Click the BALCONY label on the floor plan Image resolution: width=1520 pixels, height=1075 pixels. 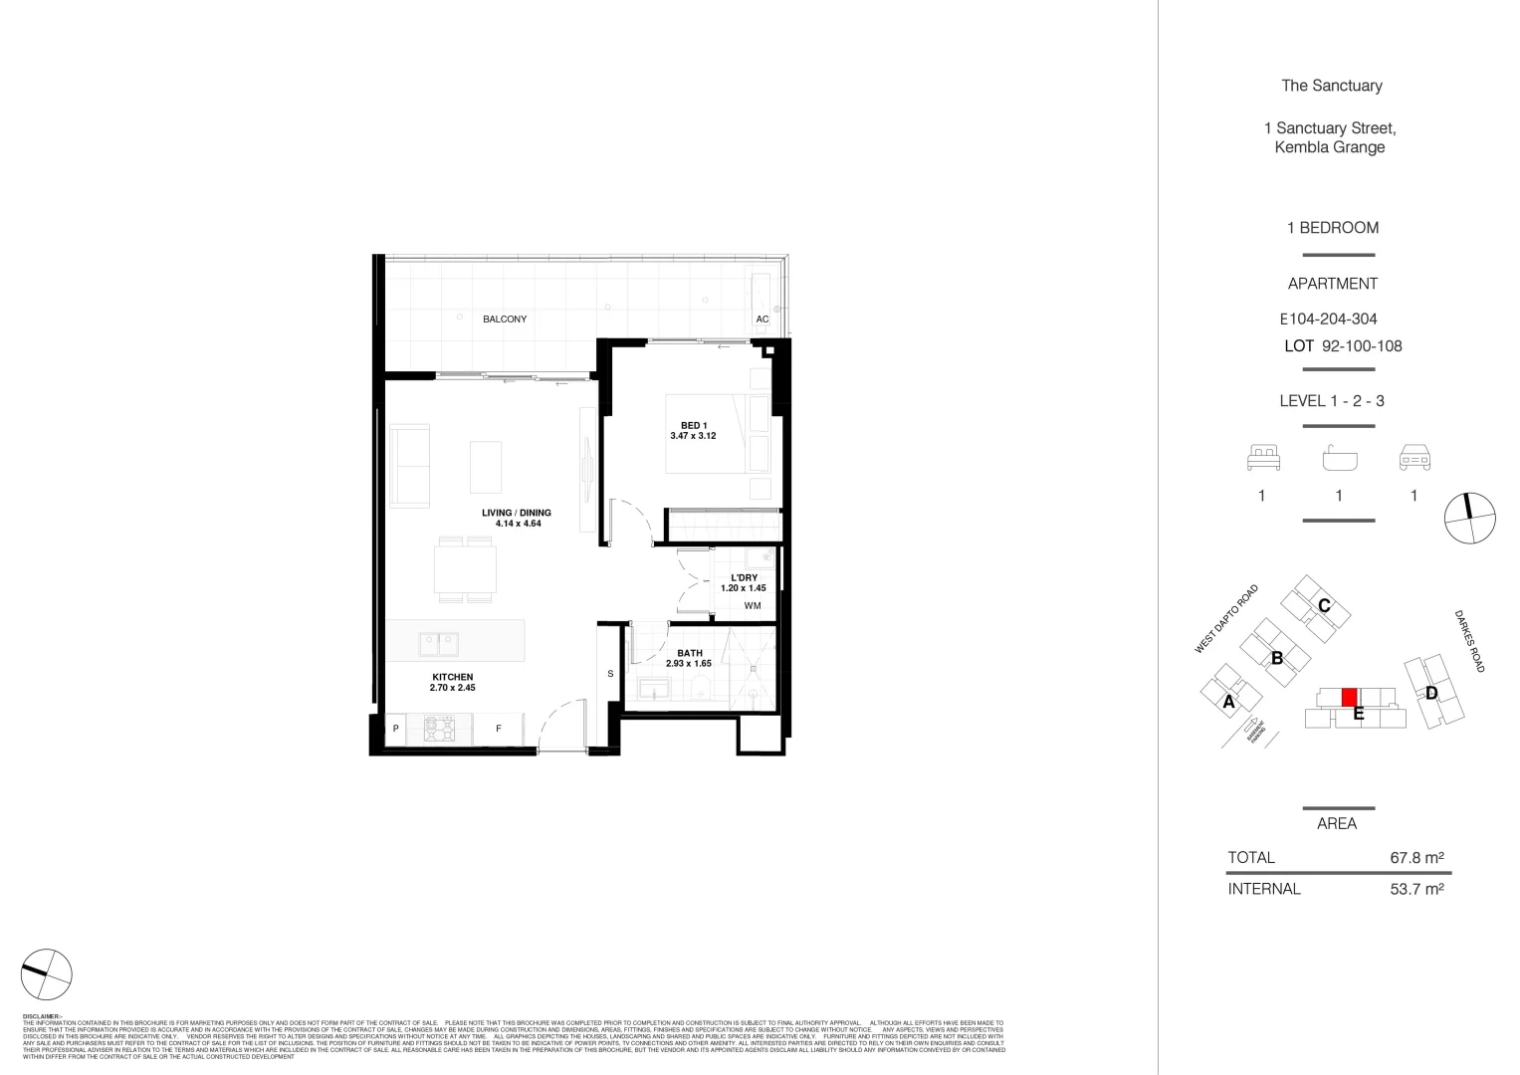(505, 320)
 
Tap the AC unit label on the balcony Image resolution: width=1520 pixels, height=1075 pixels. (762, 320)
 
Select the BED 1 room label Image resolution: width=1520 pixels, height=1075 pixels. (694, 426)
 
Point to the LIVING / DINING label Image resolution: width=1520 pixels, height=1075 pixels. (516, 514)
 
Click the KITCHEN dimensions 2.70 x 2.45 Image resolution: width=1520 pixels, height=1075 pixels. (452, 688)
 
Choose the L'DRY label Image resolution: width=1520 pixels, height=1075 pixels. (744, 578)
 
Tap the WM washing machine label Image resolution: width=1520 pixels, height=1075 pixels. (752, 605)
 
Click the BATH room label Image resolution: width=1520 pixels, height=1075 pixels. (689, 653)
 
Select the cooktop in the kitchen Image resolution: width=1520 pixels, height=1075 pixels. (438, 729)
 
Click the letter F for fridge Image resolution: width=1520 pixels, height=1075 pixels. (499, 729)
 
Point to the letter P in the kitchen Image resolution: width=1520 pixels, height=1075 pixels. (395, 729)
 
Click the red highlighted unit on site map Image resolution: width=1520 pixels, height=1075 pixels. (1350, 697)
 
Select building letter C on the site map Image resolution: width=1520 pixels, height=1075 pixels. (1324, 605)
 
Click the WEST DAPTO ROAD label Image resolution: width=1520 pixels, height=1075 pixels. (1226, 619)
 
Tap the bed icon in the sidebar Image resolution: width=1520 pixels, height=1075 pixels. (1262, 459)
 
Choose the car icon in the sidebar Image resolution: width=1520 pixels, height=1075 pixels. (1414, 459)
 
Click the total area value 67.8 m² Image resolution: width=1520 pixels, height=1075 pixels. (1416, 857)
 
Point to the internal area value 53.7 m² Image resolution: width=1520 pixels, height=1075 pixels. (1416, 889)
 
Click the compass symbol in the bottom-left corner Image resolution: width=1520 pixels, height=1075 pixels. (46, 974)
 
